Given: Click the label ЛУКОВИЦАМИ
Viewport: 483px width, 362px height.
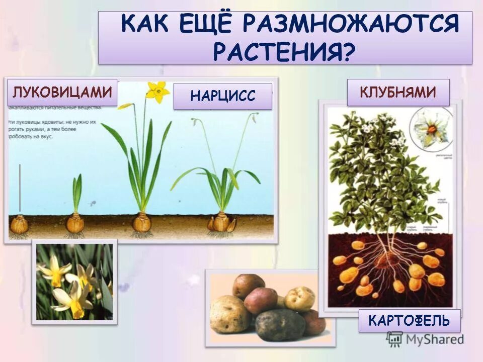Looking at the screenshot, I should (62, 93).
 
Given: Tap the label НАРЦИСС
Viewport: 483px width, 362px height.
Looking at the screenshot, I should (223, 96).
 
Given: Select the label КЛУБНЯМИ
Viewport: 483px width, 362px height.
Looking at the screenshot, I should (397, 92).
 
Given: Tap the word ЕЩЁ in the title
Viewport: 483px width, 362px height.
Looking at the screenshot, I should (207, 24).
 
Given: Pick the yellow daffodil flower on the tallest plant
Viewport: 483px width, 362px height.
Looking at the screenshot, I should (158, 91).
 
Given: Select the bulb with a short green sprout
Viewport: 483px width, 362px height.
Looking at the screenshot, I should (76, 222).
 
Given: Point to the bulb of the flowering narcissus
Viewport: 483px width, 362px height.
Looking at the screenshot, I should (142, 222).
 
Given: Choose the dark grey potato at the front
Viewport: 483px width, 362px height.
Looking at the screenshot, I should (280, 324).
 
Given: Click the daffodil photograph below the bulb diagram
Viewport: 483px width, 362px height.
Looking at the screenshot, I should (74, 282).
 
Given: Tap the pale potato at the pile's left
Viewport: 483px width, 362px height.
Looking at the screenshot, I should (230, 314).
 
